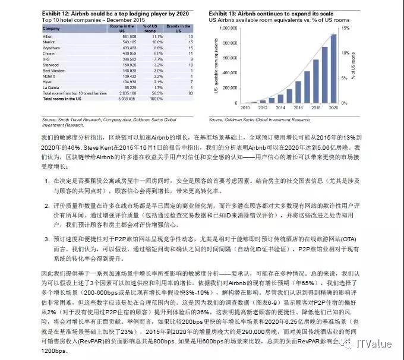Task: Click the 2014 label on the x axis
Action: click(274, 109)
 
